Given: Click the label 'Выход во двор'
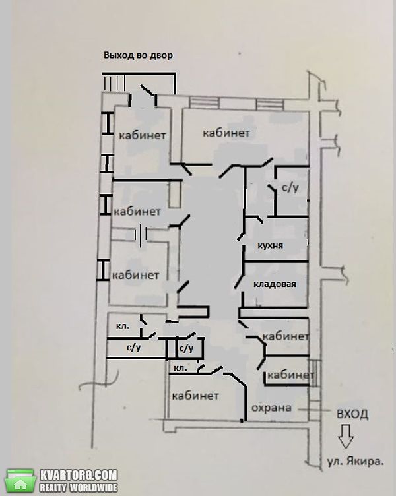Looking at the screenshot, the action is click(139, 55).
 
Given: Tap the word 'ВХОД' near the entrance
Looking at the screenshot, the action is click(352, 414).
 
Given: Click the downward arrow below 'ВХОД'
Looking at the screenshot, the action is click(345, 436).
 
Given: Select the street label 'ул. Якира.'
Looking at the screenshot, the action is click(356, 461).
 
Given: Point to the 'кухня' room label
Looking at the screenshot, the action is click(271, 245).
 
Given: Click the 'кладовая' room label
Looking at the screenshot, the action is click(275, 284).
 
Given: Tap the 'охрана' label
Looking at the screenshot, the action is click(271, 408).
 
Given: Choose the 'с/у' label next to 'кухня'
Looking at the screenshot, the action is click(290, 187).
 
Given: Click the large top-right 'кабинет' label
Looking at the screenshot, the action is click(226, 133).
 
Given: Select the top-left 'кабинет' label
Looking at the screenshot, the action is click(143, 135).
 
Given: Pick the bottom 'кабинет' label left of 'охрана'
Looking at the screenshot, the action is click(195, 396).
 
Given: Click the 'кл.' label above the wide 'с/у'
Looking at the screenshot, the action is click(123, 326).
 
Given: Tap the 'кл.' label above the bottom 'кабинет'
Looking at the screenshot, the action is click(180, 368).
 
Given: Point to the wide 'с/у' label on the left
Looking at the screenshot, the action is click(133, 348).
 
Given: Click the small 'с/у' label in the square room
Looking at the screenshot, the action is click(186, 348).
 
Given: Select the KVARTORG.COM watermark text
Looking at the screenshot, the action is click(79, 475).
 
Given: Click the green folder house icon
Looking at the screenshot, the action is click(20, 480).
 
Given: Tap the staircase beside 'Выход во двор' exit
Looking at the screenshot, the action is click(114, 82).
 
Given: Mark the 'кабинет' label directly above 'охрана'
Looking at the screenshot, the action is click(290, 375).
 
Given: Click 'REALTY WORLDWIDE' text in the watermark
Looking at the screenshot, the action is click(78, 487).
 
